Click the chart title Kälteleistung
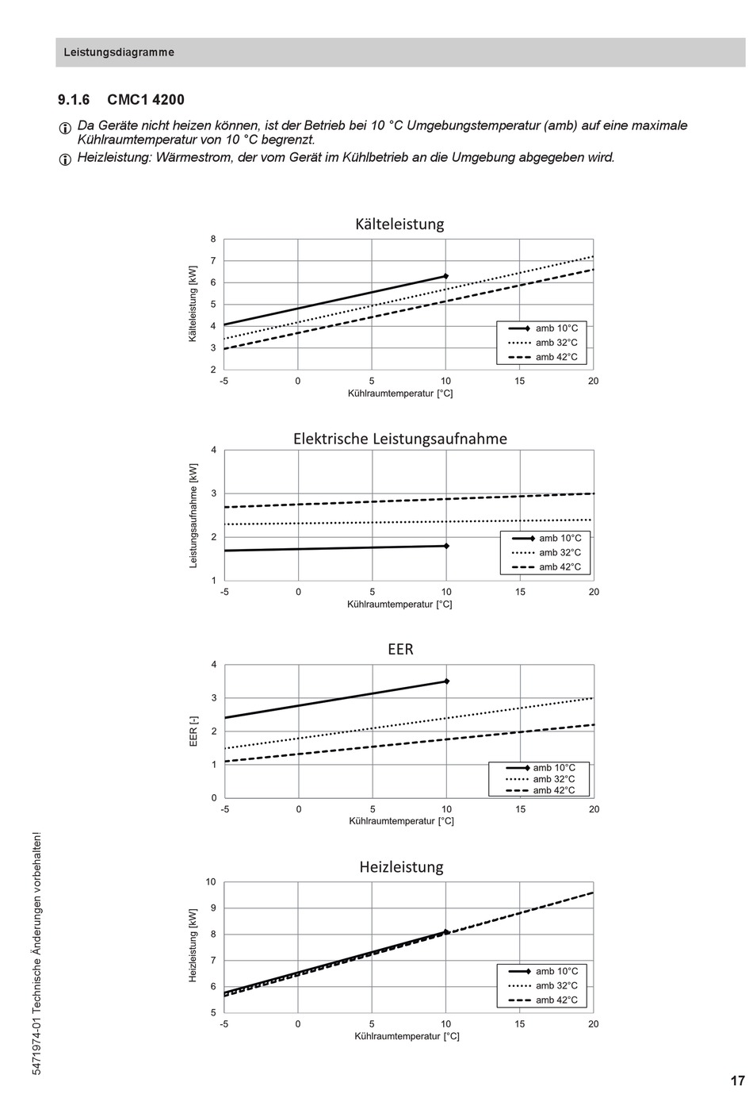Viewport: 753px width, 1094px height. (399, 225)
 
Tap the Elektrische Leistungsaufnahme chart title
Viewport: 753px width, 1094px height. (400, 439)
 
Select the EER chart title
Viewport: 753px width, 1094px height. (400, 649)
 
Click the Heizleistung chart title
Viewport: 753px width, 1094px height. (402, 866)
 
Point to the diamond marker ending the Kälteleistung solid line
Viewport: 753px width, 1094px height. (445, 276)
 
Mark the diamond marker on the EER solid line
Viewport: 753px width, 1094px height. (446, 681)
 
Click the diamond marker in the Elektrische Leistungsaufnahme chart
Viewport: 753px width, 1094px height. (446, 546)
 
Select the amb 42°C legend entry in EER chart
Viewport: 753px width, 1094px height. (541, 790)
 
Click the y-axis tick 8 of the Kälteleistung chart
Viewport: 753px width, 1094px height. (213, 239)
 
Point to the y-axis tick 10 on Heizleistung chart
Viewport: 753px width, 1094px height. (211, 881)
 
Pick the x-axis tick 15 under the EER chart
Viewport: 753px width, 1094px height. (520, 809)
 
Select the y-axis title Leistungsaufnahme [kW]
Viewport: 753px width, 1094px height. (193, 515)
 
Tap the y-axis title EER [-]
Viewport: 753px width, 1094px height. (193, 731)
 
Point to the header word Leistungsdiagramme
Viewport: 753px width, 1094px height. (119, 52)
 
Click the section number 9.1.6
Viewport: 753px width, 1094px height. (74, 100)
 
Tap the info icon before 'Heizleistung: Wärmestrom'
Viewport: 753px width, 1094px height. (65, 159)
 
